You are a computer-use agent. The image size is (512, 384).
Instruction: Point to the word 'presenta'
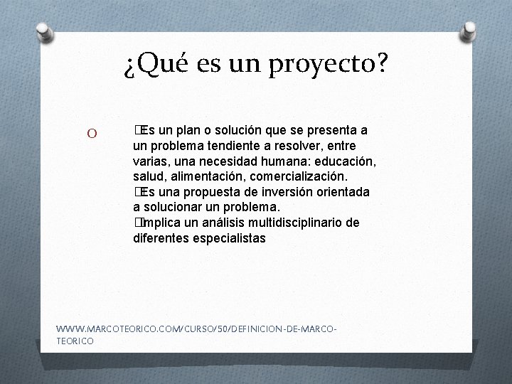pyautogui.click(x=334, y=131)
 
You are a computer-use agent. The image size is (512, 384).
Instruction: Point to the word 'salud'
pyautogui.click(x=149, y=176)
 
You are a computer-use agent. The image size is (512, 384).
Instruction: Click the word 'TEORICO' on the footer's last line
pyautogui.click(x=75, y=342)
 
